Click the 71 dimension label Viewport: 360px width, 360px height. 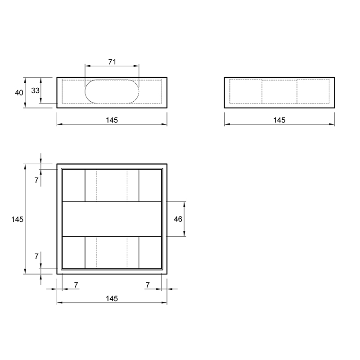pos(112,62)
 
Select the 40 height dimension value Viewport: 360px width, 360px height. pos(19,93)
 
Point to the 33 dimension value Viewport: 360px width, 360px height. pos(36,91)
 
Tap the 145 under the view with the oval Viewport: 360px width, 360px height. pos(112,120)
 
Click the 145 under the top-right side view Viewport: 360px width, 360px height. pos(279,120)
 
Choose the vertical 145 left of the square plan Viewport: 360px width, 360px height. pos(18,220)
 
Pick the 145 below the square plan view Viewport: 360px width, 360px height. pos(112,298)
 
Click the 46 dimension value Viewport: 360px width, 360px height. pos(178,219)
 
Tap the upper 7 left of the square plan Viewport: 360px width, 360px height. pos(36,180)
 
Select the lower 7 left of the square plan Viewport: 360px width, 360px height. pos(36,256)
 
